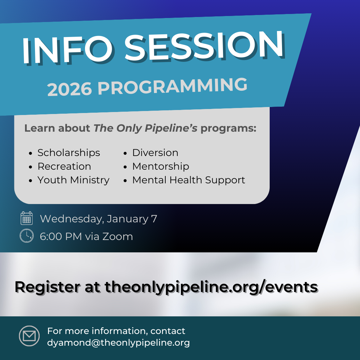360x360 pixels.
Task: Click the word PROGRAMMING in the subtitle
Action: (x=172, y=86)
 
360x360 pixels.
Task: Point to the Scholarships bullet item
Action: (x=69, y=153)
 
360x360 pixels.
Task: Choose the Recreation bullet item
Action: (x=64, y=166)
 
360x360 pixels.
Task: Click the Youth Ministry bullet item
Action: (x=73, y=180)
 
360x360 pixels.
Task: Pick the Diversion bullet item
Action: (x=155, y=153)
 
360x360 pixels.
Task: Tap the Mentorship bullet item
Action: (x=161, y=166)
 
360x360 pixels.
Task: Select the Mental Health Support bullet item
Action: (x=189, y=180)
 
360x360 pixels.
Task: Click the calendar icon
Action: (x=27, y=218)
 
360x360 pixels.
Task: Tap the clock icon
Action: (x=27, y=236)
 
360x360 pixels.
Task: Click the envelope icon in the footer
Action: (x=29, y=336)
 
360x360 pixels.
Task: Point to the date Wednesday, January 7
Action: (x=98, y=219)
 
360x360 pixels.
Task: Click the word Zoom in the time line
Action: (x=118, y=236)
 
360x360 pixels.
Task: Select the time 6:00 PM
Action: (x=61, y=236)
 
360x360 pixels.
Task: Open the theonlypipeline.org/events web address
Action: (x=211, y=287)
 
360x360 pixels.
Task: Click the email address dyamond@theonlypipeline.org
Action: (x=118, y=343)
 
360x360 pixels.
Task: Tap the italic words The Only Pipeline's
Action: (x=145, y=128)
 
